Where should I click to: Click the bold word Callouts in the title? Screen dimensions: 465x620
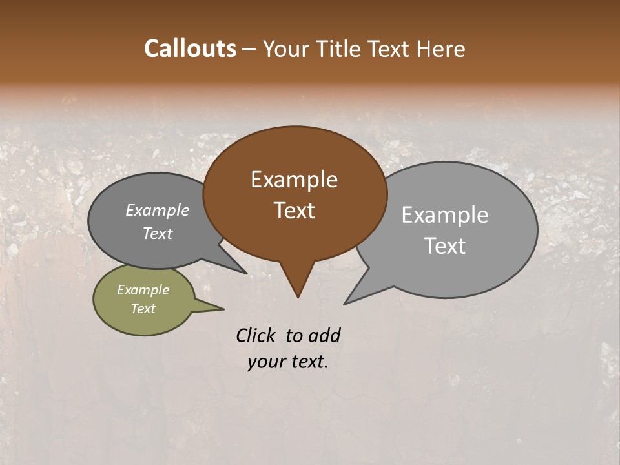pos(190,48)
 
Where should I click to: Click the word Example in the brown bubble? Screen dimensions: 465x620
pos(294,180)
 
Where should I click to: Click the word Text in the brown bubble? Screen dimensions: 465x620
pos(294,211)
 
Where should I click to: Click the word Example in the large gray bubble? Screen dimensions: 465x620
pos(445,215)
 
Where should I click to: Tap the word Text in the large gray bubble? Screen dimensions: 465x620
pos(445,246)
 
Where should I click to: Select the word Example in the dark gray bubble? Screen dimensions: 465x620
pos(157,210)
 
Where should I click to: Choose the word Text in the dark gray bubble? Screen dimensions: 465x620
pos(157,233)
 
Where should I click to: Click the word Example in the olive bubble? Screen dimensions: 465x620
pos(143,290)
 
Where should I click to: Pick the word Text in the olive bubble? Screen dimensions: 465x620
pos(143,309)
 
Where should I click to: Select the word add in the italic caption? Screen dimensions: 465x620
pos(324,335)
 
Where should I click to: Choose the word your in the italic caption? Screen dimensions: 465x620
pos(266,362)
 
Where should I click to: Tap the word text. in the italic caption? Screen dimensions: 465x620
pos(307,362)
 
